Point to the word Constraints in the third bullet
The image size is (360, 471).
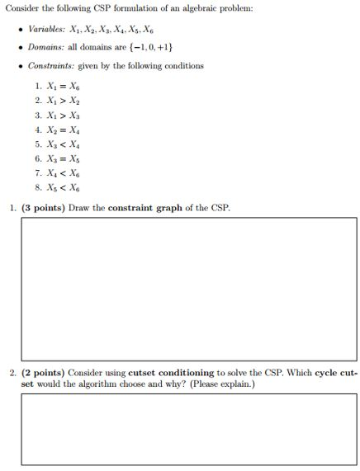pos(50,65)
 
